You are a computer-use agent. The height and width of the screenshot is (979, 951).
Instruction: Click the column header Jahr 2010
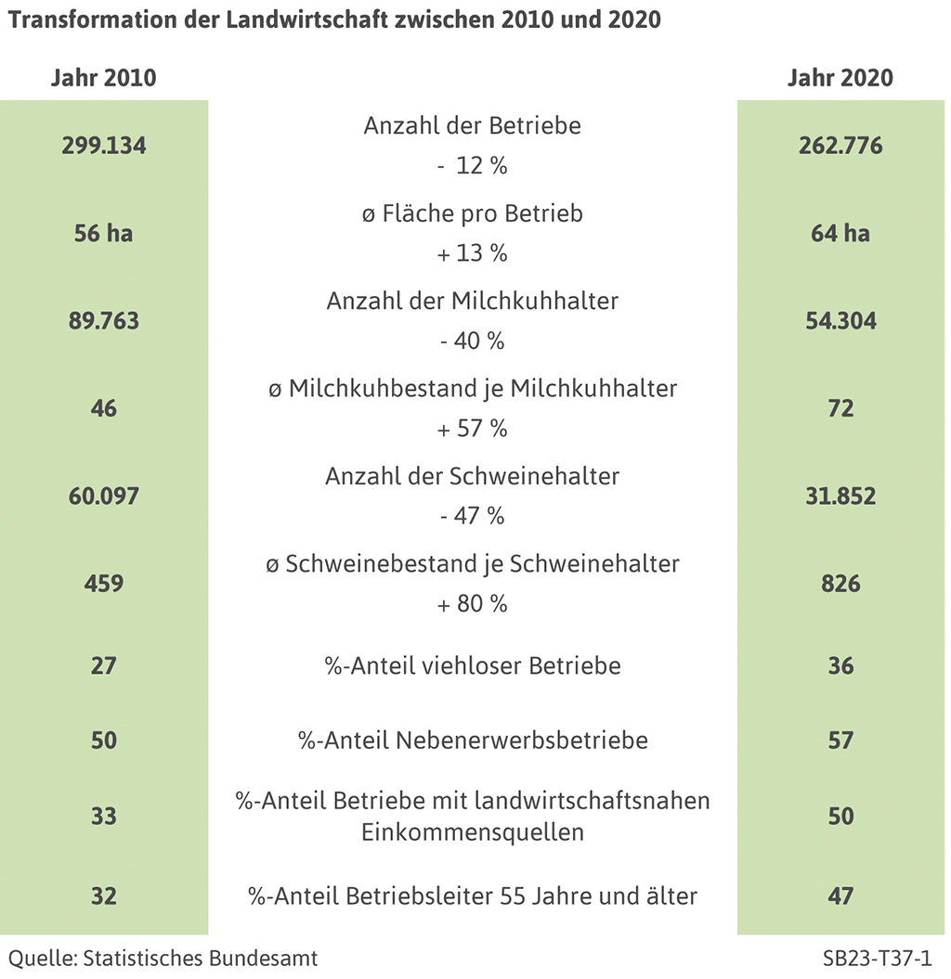pos(103,78)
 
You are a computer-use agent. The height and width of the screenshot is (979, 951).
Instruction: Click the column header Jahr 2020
pos(840,78)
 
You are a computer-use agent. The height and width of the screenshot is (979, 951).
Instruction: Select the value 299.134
pos(104,146)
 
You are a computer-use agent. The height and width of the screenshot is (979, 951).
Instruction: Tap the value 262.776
pos(840,146)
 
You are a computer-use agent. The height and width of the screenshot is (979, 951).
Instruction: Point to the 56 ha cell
pos(104,233)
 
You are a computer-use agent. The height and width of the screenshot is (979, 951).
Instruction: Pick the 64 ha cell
pos(840,233)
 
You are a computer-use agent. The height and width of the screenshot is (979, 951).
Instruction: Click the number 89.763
pos(104,321)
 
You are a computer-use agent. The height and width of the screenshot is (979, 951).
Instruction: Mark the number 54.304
pos(840,321)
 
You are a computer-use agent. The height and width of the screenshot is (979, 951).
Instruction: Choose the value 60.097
pos(104,496)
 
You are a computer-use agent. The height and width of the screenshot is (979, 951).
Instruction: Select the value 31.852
pos(840,496)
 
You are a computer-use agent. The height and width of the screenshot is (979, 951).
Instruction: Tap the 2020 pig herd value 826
pos(840,584)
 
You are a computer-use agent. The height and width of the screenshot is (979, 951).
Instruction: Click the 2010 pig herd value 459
pos(104,584)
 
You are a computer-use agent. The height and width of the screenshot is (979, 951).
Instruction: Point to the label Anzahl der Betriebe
pos(472,126)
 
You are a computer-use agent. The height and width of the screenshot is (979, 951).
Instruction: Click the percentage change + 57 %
pos(472,429)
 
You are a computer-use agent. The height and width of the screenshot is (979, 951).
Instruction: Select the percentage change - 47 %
pos(472,516)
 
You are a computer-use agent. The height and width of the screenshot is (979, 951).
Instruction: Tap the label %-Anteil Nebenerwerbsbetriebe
pos(472,741)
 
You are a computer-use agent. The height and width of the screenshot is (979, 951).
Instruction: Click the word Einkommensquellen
pos(472,831)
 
